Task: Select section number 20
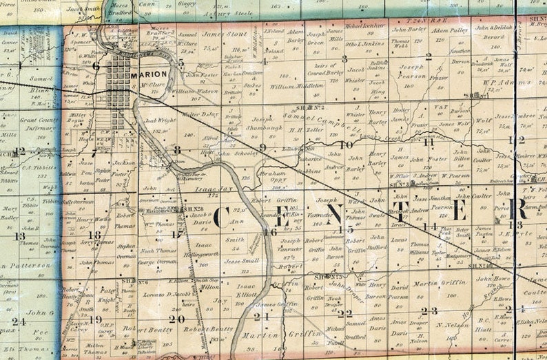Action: tap(176, 319)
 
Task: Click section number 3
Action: tap(344, 59)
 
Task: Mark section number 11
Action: tap(429, 142)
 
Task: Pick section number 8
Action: tap(177, 149)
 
